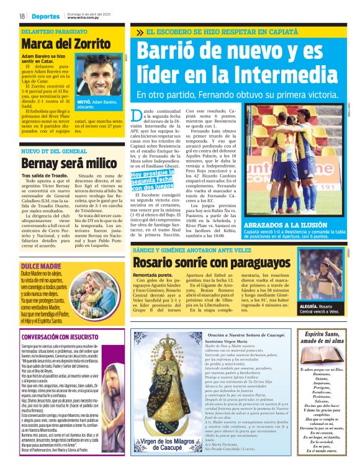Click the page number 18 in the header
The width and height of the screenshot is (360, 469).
(21, 16)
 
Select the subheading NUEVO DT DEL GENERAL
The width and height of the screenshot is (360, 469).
(54, 151)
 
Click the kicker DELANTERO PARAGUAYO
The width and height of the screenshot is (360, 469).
(53, 30)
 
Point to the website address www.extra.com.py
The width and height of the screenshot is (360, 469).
(84, 19)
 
